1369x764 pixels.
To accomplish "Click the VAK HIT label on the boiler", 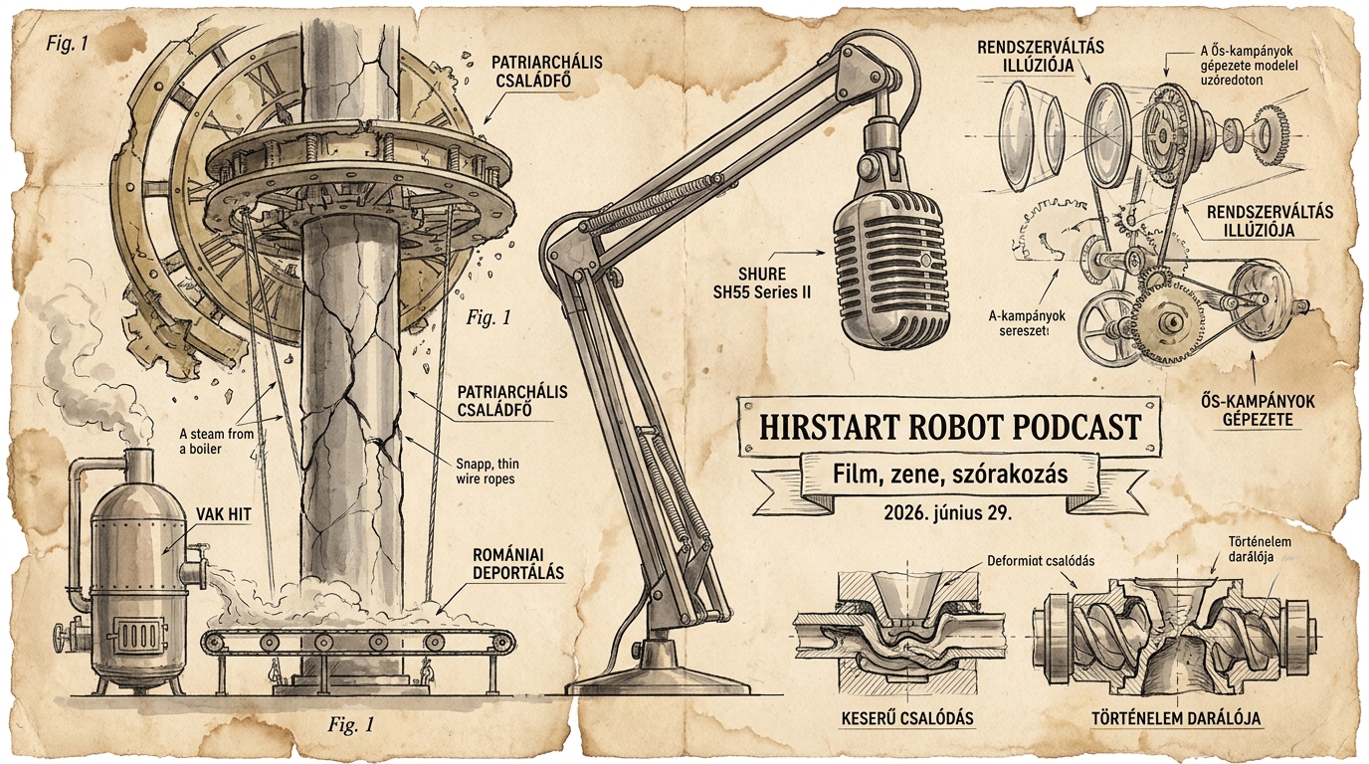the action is [x=223, y=514].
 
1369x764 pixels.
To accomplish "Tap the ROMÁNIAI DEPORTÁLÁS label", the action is [x=518, y=564].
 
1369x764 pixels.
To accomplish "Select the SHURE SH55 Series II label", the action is [x=762, y=283].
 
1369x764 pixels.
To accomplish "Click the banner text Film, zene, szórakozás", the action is [x=950, y=475].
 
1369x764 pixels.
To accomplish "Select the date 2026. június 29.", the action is [x=948, y=513].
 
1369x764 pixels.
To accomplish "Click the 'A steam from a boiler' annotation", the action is [x=216, y=442].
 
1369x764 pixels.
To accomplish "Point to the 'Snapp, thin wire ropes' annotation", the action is [x=486, y=471].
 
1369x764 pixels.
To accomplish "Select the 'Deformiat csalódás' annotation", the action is [x=1041, y=560].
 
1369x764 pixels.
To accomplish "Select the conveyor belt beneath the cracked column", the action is [x=359, y=642].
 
